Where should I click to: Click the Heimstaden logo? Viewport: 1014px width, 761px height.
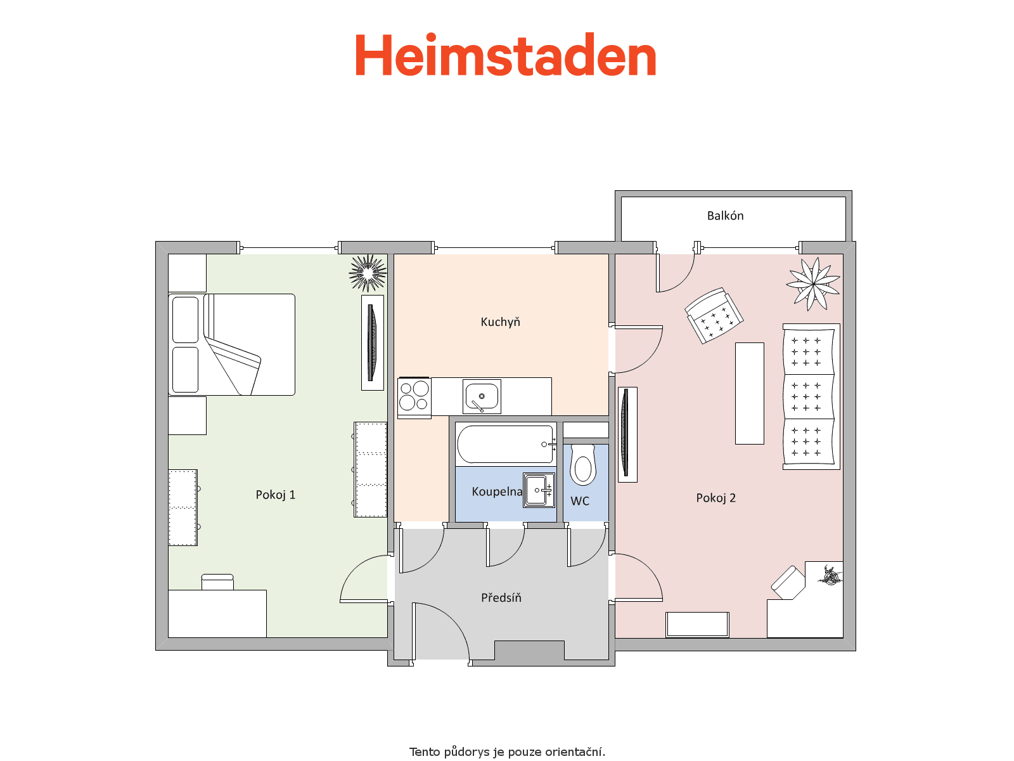(505, 55)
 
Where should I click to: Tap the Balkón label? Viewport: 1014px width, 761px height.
(725, 216)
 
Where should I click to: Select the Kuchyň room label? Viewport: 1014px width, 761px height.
(500, 322)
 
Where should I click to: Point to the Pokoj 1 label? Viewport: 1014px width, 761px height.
(275, 495)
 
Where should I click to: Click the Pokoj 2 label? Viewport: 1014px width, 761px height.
(716, 498)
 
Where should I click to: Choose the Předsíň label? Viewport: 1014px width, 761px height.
(501, 597)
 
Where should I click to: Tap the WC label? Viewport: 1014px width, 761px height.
(580, 502)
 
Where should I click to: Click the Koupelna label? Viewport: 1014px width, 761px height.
(497, 491)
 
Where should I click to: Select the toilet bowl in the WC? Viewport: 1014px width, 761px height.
(583, 465)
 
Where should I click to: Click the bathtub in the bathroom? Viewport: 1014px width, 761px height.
(506, 444)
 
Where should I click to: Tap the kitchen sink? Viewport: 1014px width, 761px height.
(482, 396)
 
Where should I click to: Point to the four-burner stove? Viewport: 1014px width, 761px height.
(414, 398)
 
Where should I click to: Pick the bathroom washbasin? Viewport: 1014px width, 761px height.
(539, 490)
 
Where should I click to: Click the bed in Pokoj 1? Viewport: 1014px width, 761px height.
(231, 345)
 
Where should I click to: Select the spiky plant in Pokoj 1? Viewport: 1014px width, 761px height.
(368, 273)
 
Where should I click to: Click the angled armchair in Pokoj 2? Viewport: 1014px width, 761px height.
(714, 316)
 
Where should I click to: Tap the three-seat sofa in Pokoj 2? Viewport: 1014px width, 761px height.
(811, 396)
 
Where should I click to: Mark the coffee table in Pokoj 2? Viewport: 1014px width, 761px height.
(749, 393)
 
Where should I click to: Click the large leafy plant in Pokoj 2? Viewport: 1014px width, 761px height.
(813, 283)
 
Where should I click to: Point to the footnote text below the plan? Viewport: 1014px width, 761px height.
(507, 751)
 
